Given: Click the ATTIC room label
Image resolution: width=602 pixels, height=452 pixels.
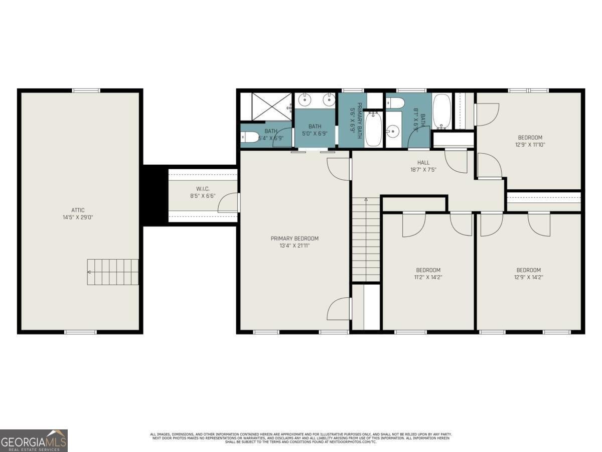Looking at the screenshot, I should click(78, 210).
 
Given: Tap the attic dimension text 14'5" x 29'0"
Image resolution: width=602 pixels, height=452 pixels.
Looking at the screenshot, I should click(78, 217).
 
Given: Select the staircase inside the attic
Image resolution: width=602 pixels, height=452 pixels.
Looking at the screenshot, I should click(113, 272).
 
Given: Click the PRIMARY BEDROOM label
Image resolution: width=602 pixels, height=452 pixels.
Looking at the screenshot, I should click(294, 239).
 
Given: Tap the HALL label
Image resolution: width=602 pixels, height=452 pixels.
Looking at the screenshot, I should click(423, 162).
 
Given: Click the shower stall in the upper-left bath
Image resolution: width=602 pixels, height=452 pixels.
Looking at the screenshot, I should click(265, 106).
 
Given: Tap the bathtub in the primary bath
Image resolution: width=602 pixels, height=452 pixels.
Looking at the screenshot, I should click(373, 130).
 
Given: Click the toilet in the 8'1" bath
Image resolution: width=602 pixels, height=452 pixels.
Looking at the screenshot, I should click(396, 103).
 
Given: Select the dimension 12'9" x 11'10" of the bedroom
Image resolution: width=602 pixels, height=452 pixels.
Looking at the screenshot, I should click(530, 145).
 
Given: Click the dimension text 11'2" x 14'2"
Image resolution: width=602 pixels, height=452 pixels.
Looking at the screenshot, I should click(428, 277).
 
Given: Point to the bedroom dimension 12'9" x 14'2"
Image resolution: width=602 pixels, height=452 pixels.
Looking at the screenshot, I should click(529, 277).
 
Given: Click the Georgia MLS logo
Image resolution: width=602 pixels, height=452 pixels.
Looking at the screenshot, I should click(34, 440).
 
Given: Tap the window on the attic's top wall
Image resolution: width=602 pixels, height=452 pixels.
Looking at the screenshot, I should click(86, 90).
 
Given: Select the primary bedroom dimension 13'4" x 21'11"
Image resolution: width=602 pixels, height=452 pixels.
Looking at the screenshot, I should click(294, 246).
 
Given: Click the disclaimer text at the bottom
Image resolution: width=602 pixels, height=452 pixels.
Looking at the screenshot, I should click(301, 437).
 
